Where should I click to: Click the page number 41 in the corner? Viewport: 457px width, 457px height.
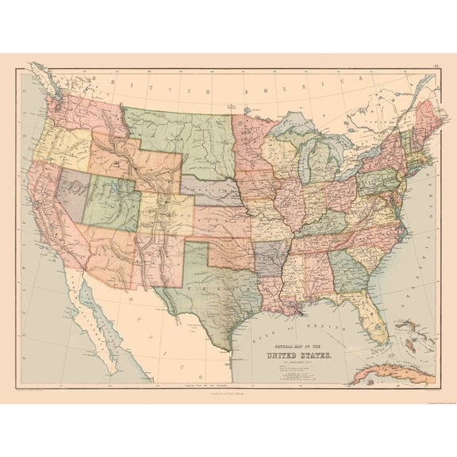click(435, 67)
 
